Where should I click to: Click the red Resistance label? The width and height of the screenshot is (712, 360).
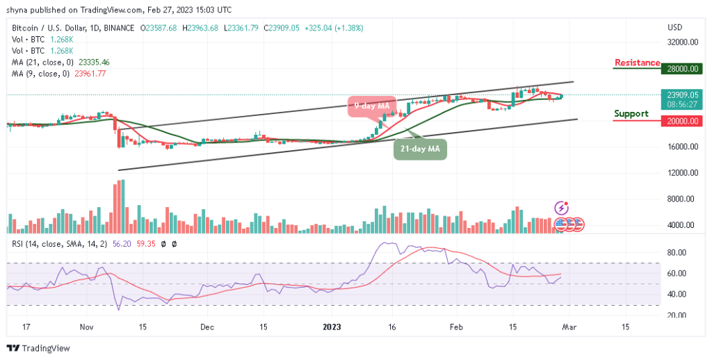pos(636,63)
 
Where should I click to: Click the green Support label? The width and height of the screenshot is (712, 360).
pos(631,114)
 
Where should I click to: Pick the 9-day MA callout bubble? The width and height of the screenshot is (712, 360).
pos(371,106)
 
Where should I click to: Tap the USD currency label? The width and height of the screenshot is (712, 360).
pos(674,28)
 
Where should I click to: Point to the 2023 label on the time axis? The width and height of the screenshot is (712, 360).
pos(331,326)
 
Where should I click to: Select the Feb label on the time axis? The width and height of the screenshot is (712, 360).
pos(456,326)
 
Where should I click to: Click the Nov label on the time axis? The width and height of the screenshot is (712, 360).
pos(86,326)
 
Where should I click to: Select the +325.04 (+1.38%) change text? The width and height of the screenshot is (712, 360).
pos(334,28)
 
